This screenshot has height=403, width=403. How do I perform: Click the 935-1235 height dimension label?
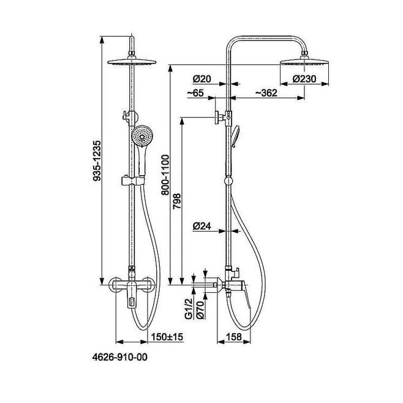pos(97,161)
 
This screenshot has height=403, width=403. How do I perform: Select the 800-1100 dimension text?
pos(165,175)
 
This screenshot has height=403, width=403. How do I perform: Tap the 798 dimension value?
pos(177,201)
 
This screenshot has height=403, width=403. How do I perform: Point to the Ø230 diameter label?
pos(304,78)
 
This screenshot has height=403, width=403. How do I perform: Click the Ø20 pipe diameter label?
pos(201,78)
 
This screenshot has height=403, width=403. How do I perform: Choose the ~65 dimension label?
pos(195,92)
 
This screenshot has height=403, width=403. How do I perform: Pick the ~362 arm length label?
pos(266,92)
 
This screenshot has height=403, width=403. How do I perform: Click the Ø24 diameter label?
pos(201,226)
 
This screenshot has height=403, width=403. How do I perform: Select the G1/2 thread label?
pos(189,309)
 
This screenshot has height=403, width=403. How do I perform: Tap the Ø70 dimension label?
pos(200,310)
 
